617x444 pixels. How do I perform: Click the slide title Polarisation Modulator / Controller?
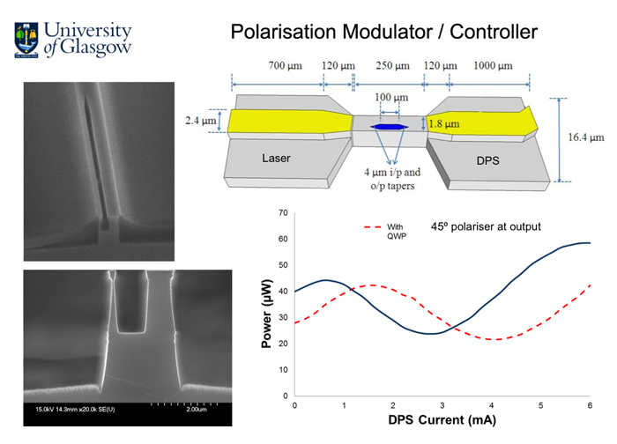tap(383, 33)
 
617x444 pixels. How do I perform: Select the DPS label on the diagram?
tap(487, 161)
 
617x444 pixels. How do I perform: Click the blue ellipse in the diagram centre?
tap(387, 129)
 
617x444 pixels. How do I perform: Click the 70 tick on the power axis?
tap(282, 213)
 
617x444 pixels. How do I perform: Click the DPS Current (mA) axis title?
tap(443, 422)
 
